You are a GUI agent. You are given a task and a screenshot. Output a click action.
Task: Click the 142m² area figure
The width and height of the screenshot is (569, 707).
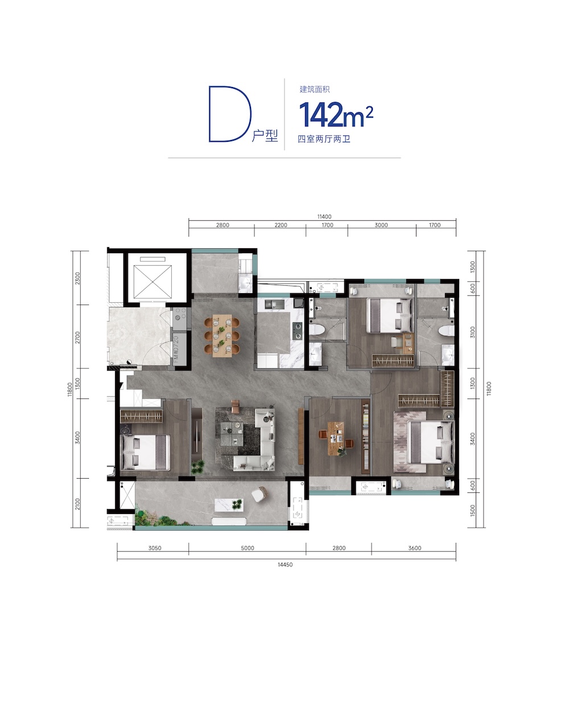pyautogui.click(x=336, y=114)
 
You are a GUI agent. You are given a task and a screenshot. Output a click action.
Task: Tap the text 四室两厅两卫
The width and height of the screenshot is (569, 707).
pyautogui.click(x=324, y=139)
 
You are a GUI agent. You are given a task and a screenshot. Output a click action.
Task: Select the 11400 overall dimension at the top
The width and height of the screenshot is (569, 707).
pyautogui.click(x=324, y=216)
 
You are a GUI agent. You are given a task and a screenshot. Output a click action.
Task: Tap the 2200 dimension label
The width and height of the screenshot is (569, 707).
pyautogui.click(x=281, y=225)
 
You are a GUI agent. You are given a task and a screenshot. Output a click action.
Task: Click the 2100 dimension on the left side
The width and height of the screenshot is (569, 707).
pyautogui.click(x=77, y=504)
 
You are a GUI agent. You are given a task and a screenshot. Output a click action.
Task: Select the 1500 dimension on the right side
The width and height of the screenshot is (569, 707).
pyautogui.click(x=473, y=511)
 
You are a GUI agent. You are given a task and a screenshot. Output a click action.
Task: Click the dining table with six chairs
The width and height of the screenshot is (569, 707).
pyautogui.click(x=222, y=335)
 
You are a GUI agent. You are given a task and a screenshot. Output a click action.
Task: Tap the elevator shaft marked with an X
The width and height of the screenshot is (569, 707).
pyautogui.click(x=152, y=282)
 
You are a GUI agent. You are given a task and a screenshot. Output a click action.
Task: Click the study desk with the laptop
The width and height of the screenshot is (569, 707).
pyautogui.click(x=336, y=438)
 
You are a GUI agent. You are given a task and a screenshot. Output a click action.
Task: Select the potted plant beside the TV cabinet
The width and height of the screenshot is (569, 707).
pyautogui.click(x=198, y=466)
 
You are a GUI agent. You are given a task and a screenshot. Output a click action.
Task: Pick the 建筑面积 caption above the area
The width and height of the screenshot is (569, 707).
pyautogui.click(x=315, y=89)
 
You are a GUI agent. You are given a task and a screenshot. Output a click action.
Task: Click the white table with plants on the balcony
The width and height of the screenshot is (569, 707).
pyautogui.click(x=229, y=505)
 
